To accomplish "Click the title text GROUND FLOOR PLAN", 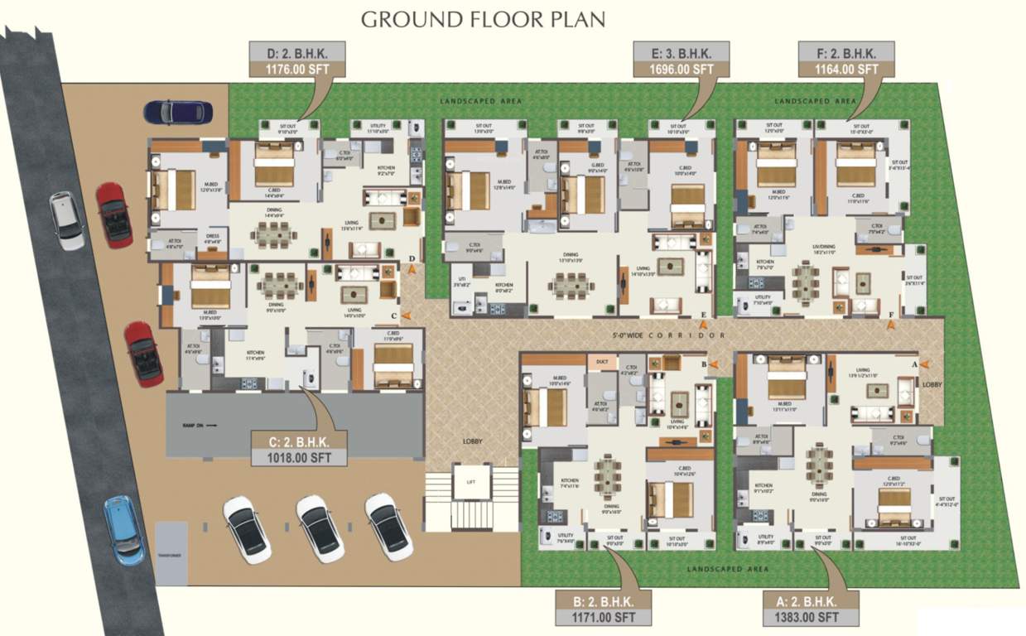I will (483, 18).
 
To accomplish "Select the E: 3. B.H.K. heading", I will (684, 54).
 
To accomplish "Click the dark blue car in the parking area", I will (177, 112).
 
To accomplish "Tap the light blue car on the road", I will (124, 530).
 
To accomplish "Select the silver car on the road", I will (66, 220).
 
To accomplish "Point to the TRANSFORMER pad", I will (171, 552).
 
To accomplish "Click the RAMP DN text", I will (200, 424).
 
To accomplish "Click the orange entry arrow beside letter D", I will (412, 269).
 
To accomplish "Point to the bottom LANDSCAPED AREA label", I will (730, 569).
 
